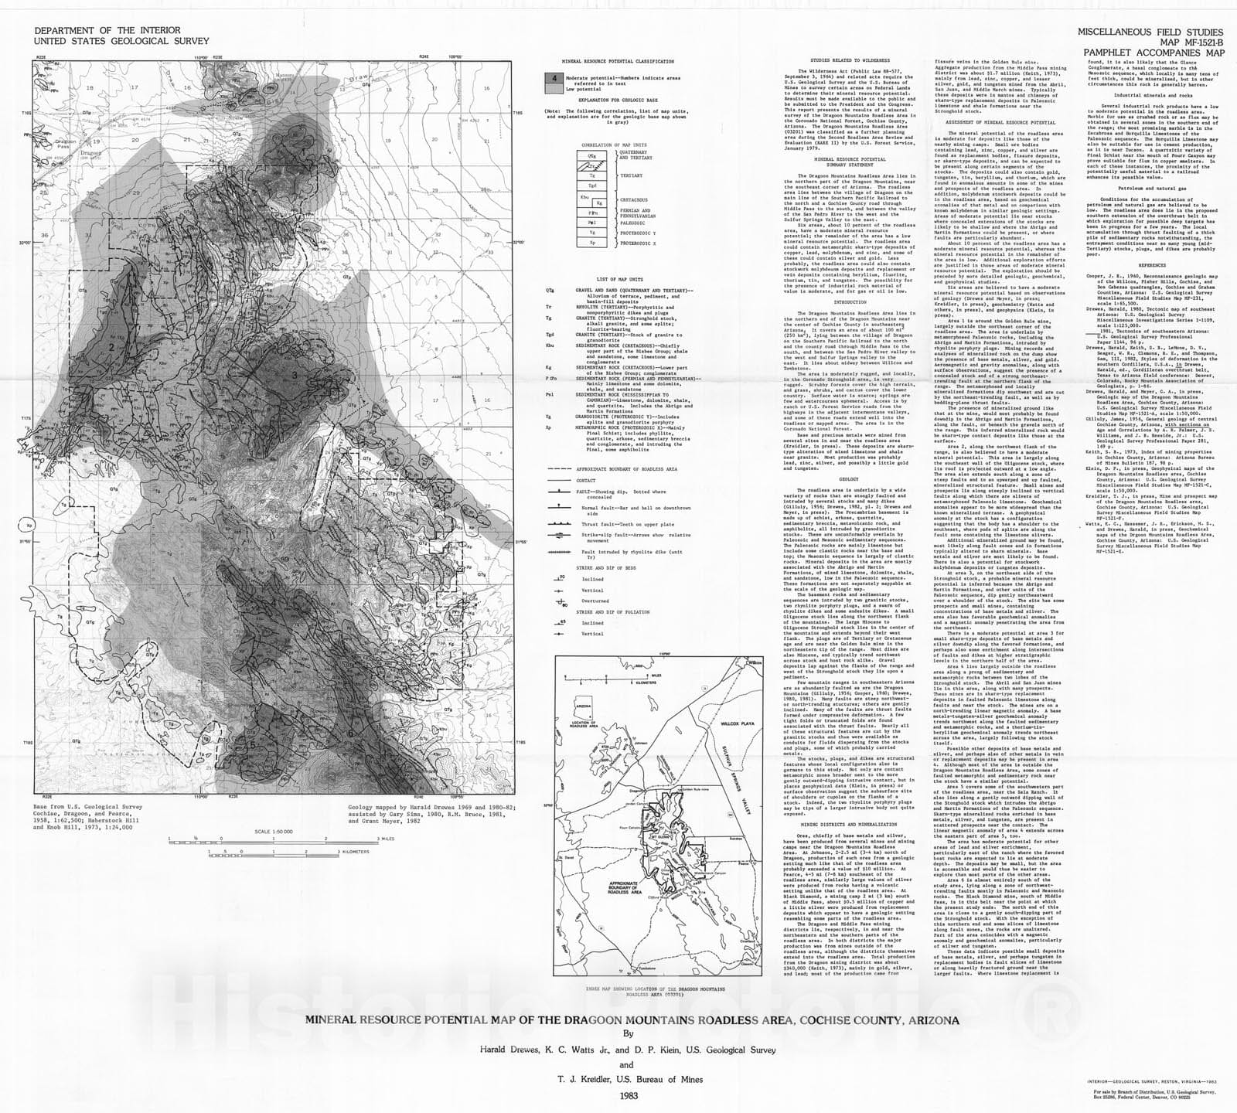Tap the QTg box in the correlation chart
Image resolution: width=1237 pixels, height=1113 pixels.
[591, 155]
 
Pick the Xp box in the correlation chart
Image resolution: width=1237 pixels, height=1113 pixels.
[591, 242]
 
